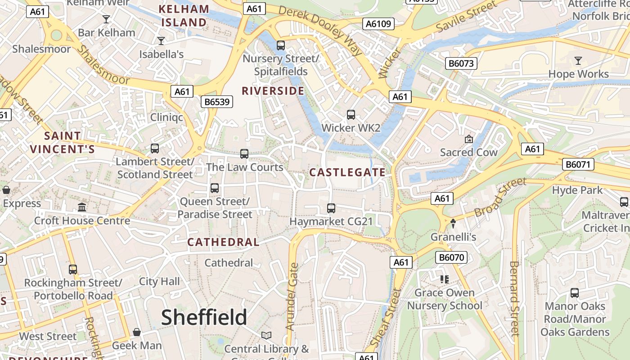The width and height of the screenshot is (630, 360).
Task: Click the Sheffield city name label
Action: (x=204, y=317)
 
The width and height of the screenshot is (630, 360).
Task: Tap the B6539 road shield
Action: (x=217, y=102)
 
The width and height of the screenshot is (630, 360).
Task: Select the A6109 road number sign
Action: (x=378, y=24)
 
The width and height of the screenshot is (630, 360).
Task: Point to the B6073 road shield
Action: (x=461, y=63)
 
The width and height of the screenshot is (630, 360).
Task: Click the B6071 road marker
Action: (x=578, y=164)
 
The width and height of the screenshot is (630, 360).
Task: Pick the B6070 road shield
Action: (x=451, y=257)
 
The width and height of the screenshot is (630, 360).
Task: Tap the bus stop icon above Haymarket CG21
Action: (x=331, y=208)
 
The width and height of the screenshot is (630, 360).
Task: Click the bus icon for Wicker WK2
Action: (x=351, y=115)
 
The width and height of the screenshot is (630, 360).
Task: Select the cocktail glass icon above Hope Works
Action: (x=578, y=60)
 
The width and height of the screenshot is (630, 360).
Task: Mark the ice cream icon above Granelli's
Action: (x=453, y=223)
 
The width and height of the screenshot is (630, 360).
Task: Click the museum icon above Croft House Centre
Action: (x=82, y=207)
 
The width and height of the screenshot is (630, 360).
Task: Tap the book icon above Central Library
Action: (x=266, y=335)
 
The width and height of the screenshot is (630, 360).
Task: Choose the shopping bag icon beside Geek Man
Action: (x=137, y=332)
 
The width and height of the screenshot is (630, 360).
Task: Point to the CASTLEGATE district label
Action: (x=347, y=172)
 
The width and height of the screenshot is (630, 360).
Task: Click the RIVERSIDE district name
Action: (x=273, y=91)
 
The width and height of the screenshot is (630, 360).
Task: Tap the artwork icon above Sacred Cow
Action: (x=469, y=139)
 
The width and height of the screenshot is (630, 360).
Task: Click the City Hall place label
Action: (x=159, y=282)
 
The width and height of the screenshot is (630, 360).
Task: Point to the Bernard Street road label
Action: (x=514, y=298)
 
